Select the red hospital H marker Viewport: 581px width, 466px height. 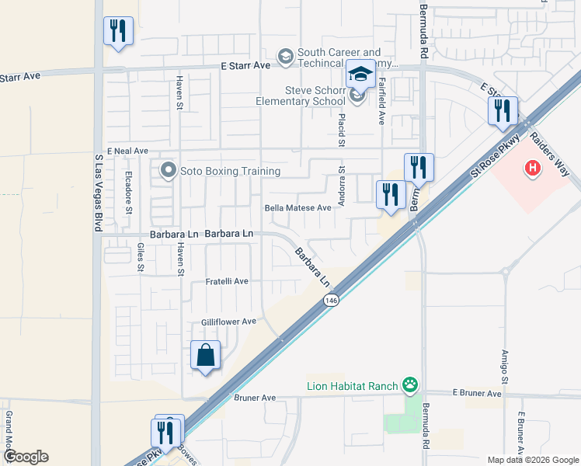point(532,167)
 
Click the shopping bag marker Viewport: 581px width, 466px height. point(206,356)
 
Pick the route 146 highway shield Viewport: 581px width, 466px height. point(332,301)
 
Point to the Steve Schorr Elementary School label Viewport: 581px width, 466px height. point(301,96)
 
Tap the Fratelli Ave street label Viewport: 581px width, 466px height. point(226,281)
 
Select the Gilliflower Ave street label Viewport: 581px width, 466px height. point(228,322)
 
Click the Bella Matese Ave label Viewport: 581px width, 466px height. point(298,208)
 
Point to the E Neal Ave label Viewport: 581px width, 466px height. point(127,151)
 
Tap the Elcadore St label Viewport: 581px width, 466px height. point(129,193)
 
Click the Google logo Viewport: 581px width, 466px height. point(26,457)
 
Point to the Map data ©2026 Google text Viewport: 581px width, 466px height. point(533,460)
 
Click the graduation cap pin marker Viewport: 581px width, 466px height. point(360,76)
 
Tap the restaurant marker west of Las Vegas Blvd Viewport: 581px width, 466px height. point(118,32)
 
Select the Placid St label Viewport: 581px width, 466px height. point(340,129)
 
